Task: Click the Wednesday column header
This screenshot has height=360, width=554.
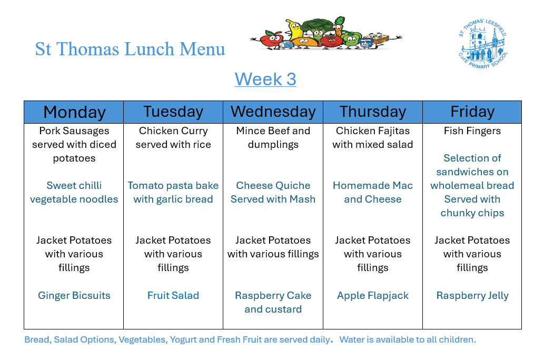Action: tap(273, 112)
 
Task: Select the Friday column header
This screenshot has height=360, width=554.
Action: tap(472, 112)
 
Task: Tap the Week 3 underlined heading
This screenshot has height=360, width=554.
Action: tap(265, 79)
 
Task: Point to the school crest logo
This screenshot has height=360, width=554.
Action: tap(482, 44)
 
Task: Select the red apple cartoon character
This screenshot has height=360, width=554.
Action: tap(271, 39)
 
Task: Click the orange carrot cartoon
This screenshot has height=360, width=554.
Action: tap(339, 26)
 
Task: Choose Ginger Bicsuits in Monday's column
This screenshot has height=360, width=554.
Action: tap(74, 295)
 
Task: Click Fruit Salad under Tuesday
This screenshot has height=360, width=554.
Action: tap(173, 295)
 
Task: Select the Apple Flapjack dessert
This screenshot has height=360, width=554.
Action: tap(373, 296)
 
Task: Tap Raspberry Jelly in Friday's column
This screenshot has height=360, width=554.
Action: tap(472, 296)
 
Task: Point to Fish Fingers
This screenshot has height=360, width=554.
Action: tap(472, 131)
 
